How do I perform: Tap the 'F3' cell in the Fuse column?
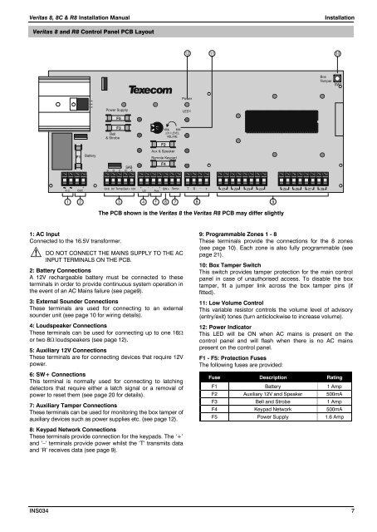212,415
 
